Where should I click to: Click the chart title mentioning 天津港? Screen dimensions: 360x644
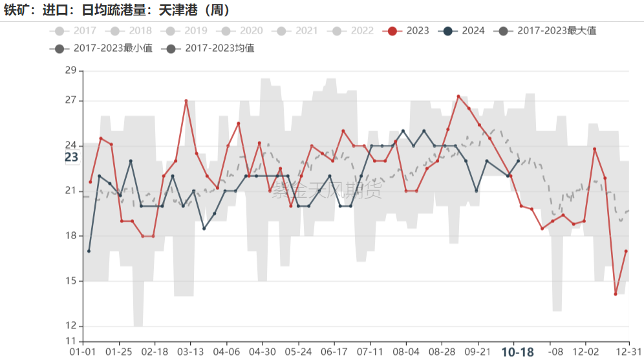pos(117,10)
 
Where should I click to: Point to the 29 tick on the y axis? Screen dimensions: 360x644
pos(71,70)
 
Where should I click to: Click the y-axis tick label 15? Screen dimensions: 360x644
pos(71,281)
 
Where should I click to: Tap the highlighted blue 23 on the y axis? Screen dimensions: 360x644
pos(71,157)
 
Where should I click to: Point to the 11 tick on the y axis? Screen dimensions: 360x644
pos(71,341)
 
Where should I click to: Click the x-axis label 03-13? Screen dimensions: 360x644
pos(190,352)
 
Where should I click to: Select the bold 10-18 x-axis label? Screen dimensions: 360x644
pos(517,352)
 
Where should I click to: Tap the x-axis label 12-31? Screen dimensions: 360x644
pos(628,352)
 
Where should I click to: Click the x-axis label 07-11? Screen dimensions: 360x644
pos(370,352)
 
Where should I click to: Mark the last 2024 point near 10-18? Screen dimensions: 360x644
pos(519,161)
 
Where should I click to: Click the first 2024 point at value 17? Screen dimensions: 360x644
pos(89,251)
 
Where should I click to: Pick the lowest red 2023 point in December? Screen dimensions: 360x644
pos(616,294)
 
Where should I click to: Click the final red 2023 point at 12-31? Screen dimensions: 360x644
pos(626,251)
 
